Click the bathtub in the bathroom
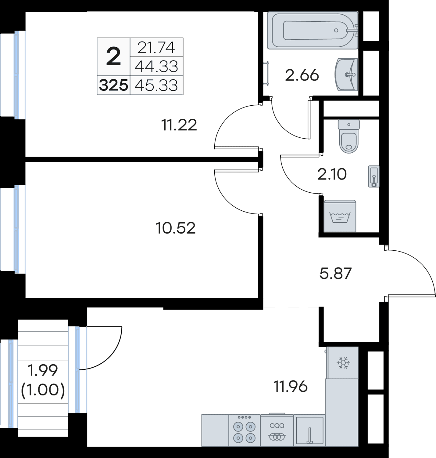pos(313,30)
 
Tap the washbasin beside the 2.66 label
pos(346,75)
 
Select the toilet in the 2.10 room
pos(348,136)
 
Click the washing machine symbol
pos(340,216)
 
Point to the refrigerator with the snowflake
pos(342,363)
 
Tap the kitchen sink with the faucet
pos(309,430)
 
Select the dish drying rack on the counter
pos(277,430)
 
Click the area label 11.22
pos(179,125)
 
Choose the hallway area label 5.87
pos(335,273)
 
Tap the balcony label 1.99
pos(43,370)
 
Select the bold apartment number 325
pos(113,85)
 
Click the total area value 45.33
pos(156,85)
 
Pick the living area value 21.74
pos(156,48)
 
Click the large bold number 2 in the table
pos(113,56)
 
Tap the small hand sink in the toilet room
pos(373,176)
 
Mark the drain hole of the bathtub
pos(336,30)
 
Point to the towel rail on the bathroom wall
pos(267,73)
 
